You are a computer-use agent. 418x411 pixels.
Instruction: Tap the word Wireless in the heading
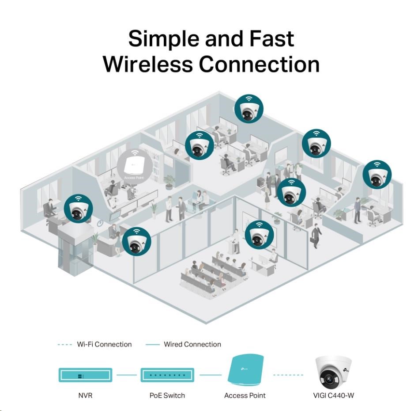click(148, 64)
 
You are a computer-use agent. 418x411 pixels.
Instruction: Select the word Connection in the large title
click(259, 64)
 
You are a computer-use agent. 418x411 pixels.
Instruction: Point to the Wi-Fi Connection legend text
click(104, 344)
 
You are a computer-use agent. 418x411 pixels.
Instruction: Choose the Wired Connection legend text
click(192, 344)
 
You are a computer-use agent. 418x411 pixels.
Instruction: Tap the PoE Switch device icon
click(167, 375)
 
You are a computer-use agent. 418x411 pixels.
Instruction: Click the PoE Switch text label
click(167, 396)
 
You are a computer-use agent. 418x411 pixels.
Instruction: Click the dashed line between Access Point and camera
click(288, 375)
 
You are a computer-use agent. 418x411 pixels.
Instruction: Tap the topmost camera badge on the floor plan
click(249, 108)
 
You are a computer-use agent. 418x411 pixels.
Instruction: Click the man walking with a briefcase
click(316, 236)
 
